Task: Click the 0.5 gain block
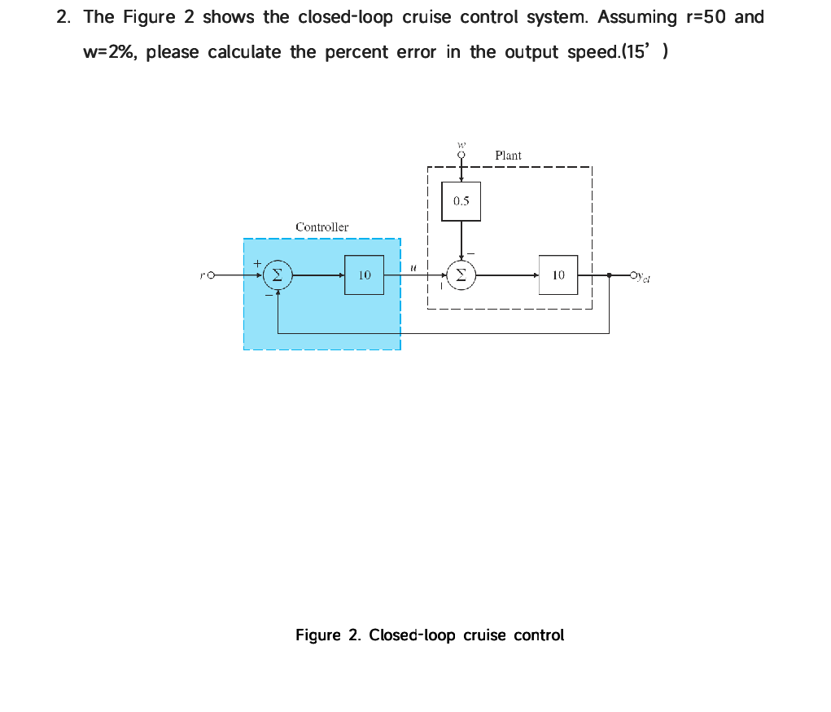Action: click(x=461, y=201)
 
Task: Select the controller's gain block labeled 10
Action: click(x=364, y=275)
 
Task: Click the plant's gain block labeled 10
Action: click(x=558, y=275)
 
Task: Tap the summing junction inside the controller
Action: click(x=278, y=275)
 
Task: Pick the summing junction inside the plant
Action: click(x=461, y=275)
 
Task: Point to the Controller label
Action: click(x=321, y=227)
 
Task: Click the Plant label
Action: click(x=508, y=155)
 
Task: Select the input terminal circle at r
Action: click(x=211, y=276)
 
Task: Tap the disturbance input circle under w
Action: click(x=461, y=154)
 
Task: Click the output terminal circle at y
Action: click(x=634, y=275)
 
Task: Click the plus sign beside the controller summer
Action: click(x=258, y=264)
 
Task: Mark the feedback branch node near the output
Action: click(x=609, y=275)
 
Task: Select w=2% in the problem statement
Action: click(x=112, y=53)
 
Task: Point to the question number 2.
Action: click(x=62, y=17)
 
